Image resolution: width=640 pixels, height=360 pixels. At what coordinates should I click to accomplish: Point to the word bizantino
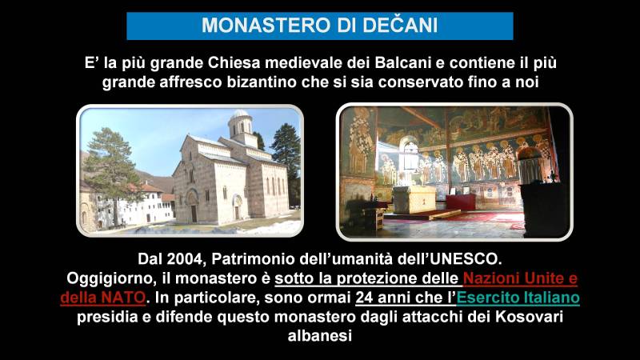click(x=262, y=82)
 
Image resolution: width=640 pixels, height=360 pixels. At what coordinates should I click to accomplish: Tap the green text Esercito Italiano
click(x=518, y=298)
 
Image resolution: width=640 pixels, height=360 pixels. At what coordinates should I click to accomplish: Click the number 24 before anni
click(x=364, y=298)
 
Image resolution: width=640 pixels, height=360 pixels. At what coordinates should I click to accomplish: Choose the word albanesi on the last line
click(x=320, y=336)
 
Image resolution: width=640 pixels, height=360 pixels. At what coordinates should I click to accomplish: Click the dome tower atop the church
click(x=241, y=126)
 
